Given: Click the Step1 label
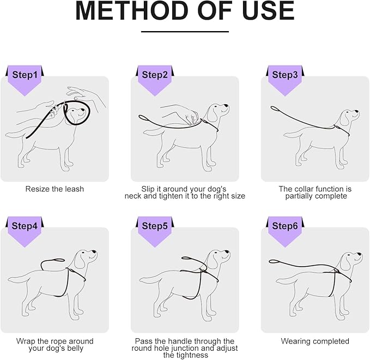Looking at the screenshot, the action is coord(25,75).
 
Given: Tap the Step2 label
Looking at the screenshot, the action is coord(155,75).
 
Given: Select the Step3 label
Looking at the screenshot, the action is coord(285,75).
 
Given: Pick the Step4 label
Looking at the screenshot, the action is coord(25,226).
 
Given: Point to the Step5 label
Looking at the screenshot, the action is coord(155,226).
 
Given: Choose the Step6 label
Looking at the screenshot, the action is coord(285,226).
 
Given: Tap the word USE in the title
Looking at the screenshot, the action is coord(268,11).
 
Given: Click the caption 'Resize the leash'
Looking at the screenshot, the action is coord(54,189).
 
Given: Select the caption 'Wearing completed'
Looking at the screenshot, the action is coord(315,341).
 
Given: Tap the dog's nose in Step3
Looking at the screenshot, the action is coord(357,112).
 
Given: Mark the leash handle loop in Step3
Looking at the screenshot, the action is coord(274,109).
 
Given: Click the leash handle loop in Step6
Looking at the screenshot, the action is coord(274,261).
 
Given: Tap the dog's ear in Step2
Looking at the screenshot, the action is coord(212,115).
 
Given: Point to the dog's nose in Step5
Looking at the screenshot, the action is coord(228,252).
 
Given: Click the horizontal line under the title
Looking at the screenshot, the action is coord(185,32).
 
